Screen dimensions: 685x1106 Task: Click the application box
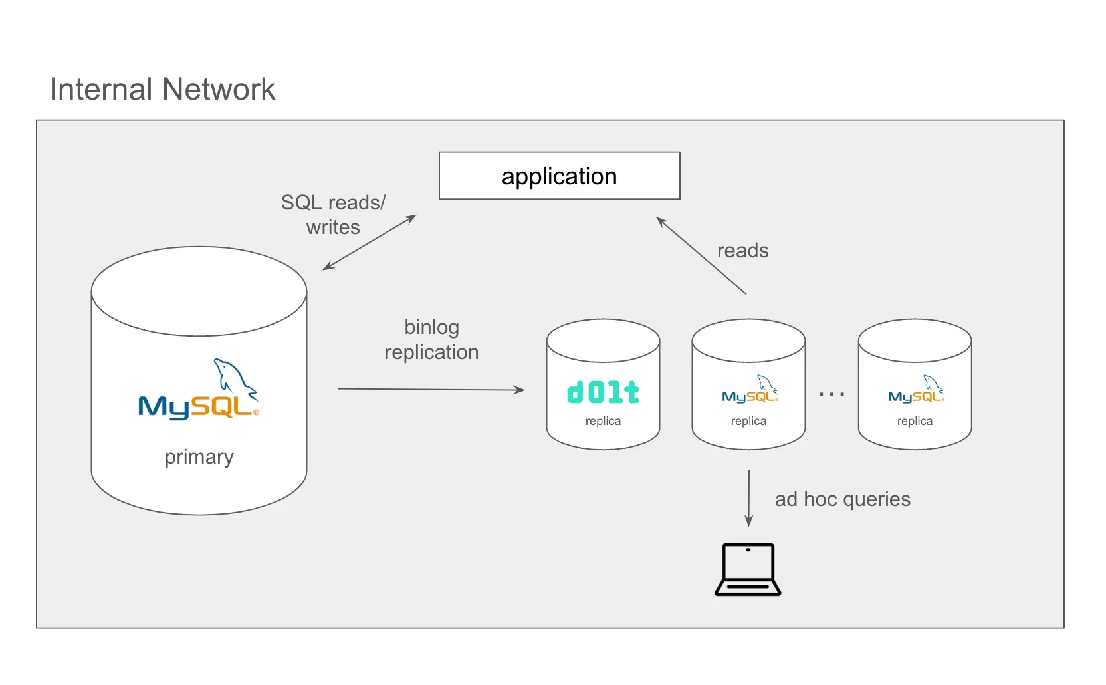click(x=559, y=176)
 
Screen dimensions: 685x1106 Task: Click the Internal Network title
click(x=162, y=89)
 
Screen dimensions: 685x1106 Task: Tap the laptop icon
click(x=748, y=569)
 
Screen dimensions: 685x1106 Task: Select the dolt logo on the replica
click(x=603, y=392)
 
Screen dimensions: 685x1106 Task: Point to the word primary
click(x=199, y=457)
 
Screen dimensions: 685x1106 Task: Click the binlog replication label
click(x=431, y=339)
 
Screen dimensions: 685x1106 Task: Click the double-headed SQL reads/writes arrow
click(x=370, y=242)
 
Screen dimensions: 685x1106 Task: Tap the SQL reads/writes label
click(x=333, y=214)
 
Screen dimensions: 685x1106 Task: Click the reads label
click(x=742, y=251)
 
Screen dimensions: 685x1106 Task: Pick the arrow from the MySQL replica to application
click(x=701, y=255)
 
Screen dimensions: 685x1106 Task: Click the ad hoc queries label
click(x=842, y=499)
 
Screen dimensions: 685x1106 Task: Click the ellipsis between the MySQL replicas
click(x=831, y=394)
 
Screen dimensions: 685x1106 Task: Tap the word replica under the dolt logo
click(x=603, y=421)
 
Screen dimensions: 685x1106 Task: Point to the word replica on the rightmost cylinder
click(x=915, y=421)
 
